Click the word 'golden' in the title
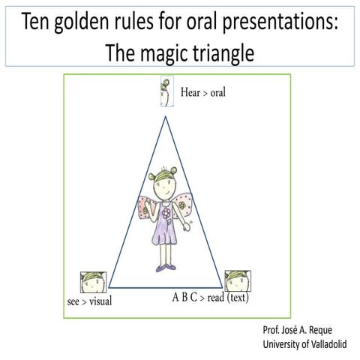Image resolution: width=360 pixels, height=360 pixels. (88, 22)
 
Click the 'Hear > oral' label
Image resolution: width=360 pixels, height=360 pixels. (202, 94)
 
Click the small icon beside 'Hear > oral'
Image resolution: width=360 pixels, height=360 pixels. (166, 92)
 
